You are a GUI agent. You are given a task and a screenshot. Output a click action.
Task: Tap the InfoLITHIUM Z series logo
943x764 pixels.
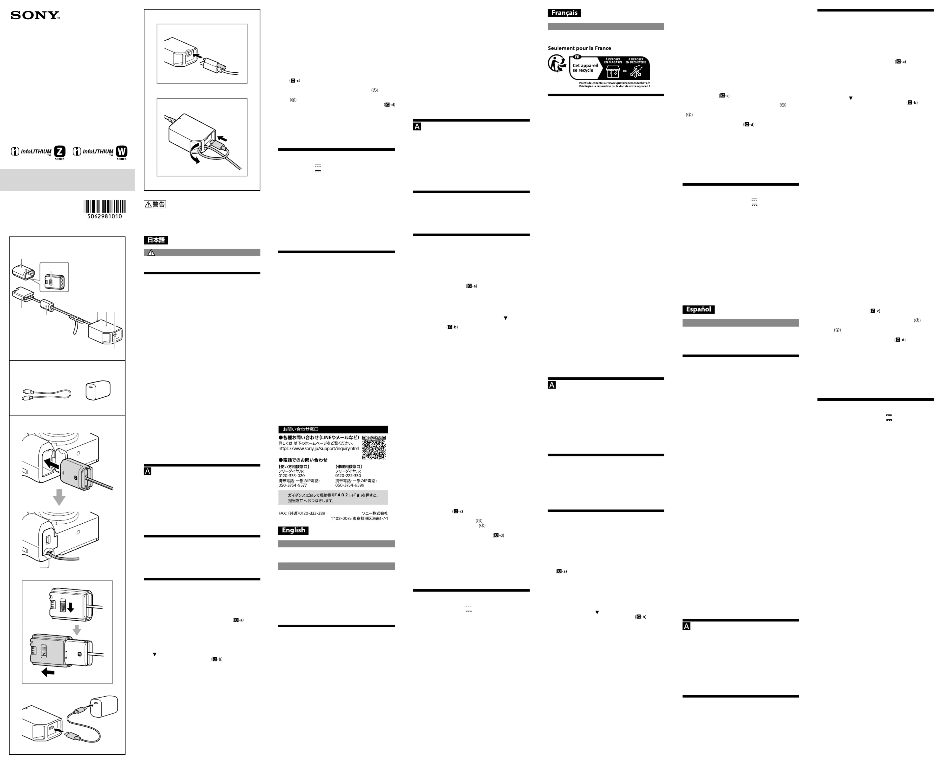tap(38, 152)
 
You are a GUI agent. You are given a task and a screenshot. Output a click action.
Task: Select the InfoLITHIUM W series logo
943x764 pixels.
tap(100, 152)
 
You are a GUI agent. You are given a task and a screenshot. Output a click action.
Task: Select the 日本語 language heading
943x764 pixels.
tap(156, 240)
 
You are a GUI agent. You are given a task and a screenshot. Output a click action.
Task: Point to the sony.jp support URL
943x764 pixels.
tap(318, 449)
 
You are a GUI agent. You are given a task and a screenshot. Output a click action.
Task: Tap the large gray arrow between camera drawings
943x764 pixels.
tap(59, 497)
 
